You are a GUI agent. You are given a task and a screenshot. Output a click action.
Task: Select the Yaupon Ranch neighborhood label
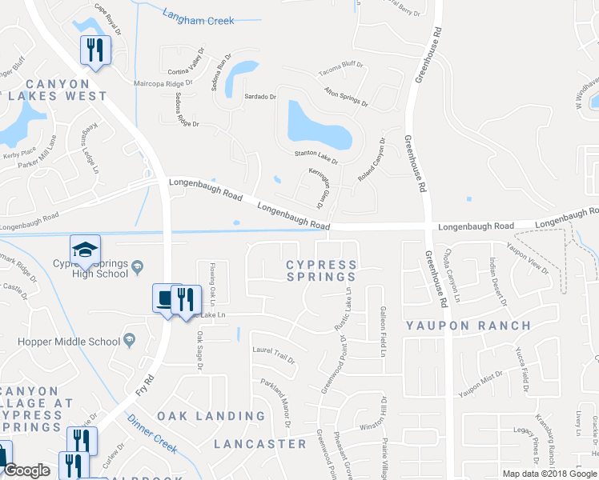pyautogui.click(x=468, y=326)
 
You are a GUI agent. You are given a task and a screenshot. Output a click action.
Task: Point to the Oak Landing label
pyautogui.click(x=211, y=416)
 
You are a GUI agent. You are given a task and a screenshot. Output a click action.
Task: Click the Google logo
pyautogui.click(x=26, y=470)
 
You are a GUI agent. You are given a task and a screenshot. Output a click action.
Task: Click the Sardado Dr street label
pyautogui.click(x=260, y=96)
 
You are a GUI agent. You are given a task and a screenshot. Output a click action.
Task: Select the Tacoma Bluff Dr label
pyautogui.click(x=340, y=71)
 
